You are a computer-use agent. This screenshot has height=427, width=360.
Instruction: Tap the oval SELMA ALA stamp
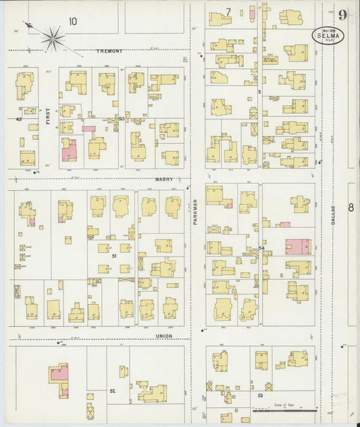[x=328, y=36]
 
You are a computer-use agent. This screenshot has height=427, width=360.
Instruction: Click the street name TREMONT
[x=109, y=51]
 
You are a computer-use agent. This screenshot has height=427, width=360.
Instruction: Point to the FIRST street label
[x=48, y=118]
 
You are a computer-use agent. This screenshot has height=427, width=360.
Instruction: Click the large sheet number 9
[x=344, y=15]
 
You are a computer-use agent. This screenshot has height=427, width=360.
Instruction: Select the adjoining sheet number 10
[x=72, y=22]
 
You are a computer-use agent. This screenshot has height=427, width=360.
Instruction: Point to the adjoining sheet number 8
[x=351, y=207]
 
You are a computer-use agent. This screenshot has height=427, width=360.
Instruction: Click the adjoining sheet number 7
[x=228, y=12]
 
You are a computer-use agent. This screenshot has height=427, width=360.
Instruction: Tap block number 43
[x=20, y=119]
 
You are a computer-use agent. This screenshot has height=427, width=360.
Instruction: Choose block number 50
[x=122, y=119]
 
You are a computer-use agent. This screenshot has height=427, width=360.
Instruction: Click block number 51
[x=114, y=256]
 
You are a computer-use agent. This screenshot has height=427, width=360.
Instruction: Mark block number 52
[x=113, y=391]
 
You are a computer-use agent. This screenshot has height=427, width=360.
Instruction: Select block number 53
[x=260, y=394]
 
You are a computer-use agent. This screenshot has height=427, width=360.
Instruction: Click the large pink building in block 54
[x=297, y=247]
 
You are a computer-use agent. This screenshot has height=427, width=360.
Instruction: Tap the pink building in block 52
[x=59, y=376]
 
